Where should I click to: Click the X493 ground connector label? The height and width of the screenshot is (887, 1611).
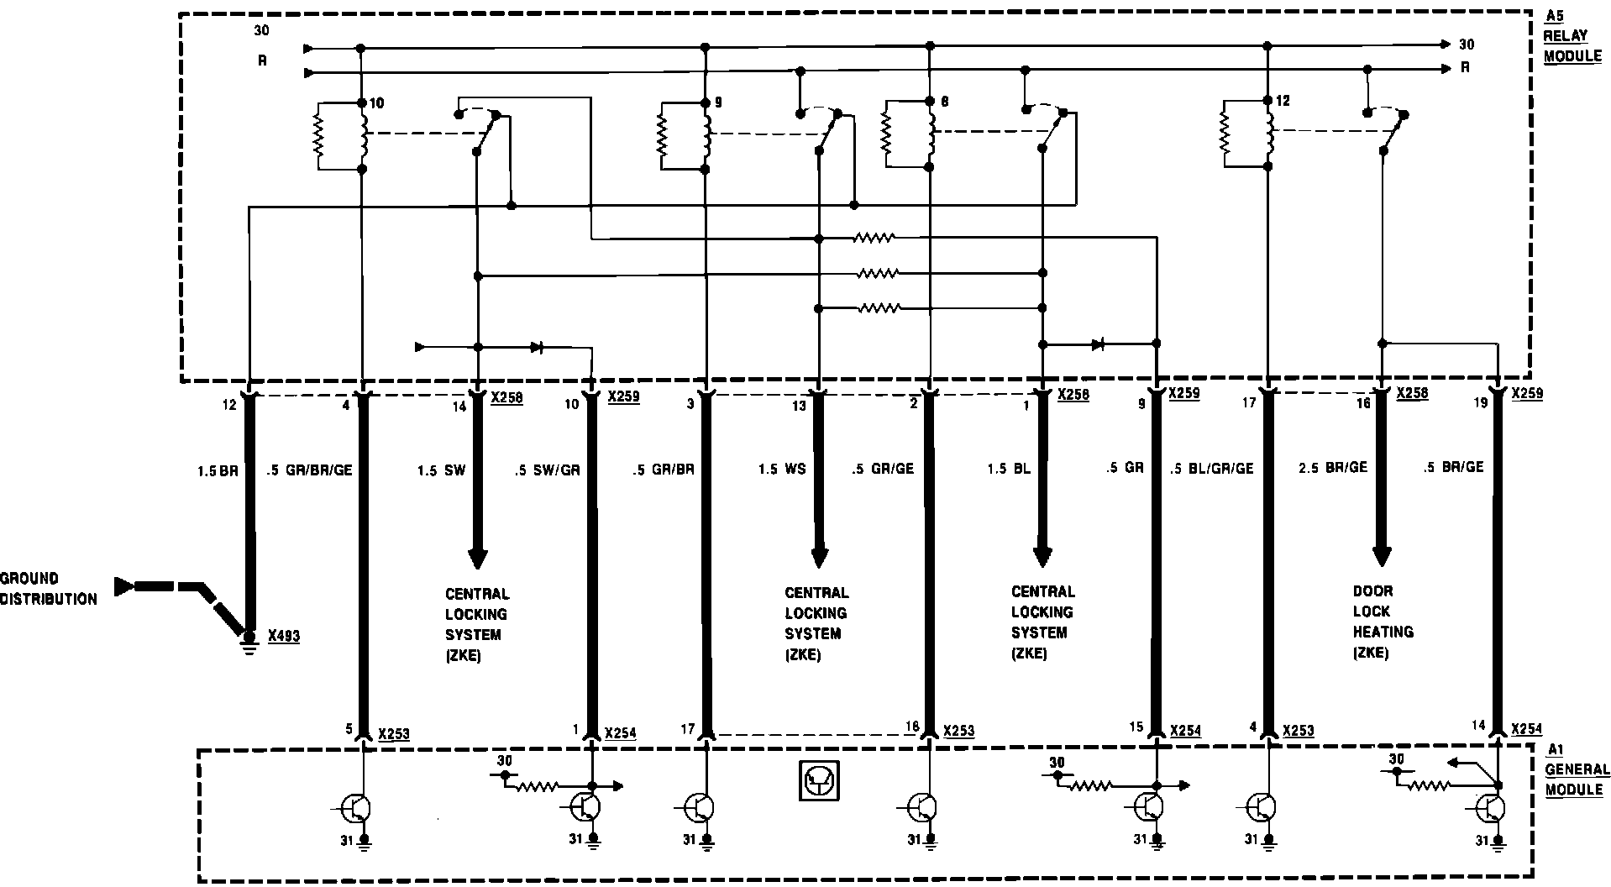coord(284,637)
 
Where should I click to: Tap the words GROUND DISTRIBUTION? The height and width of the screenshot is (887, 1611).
coord(48,589)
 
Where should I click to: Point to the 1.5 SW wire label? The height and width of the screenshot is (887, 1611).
coord(441,470)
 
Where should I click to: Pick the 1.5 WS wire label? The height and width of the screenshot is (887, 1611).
coord(782,469)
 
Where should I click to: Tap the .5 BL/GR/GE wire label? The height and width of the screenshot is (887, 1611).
coord(1211,469)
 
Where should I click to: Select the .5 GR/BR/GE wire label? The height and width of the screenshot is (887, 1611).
coord(308,470)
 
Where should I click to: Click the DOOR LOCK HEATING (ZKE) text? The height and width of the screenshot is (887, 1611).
coord(1383,622)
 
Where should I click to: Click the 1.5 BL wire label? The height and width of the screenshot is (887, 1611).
coord(1009,469)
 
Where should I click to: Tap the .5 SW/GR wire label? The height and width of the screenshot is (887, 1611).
coord(547,470)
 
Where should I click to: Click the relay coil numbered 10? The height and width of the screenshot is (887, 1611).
coord(363,136)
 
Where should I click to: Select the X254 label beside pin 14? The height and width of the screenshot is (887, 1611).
coord(1526,729)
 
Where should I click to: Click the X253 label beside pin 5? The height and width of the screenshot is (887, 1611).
coord(394,733)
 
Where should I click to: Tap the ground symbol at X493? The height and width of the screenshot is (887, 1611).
coord(249,643)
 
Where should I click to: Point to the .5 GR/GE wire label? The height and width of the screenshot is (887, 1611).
coord(882,469)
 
